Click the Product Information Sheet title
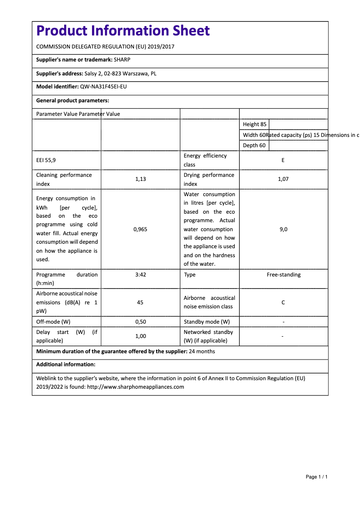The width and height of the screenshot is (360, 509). [x=123, y=31]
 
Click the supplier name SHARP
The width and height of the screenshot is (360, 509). [x=122, y=60]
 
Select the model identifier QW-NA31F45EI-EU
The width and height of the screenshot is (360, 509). [x=103, y=87]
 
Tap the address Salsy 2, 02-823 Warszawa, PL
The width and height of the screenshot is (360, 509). [x=120, y=74]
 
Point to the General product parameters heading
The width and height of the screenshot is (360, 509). [x=73, y=101]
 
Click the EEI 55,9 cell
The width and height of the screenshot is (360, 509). [x=46, y=160]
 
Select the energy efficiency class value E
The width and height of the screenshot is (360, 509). [x=283, y=160]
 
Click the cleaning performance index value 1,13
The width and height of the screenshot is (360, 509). [x=140, y=179]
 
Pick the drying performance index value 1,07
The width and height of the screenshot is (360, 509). [x=283, y=179]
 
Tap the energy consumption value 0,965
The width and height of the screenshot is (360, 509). [x=140, y=229]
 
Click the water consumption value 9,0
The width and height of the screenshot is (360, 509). [x=283, y=229]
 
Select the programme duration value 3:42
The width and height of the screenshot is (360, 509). [x=140, y=275]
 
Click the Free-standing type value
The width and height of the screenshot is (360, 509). [x=283, y=275]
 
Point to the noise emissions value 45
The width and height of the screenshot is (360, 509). [x=140, y=303]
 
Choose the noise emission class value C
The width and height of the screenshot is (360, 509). [x=283, y=303]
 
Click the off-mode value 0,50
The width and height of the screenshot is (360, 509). [x=140, y=322]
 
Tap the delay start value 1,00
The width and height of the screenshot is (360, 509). [x=140, y=336]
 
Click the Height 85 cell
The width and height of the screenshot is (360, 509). [x=255, y=124]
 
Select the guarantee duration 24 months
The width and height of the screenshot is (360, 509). [x=202, y=351]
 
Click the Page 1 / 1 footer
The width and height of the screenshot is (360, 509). [x=316, y=477]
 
